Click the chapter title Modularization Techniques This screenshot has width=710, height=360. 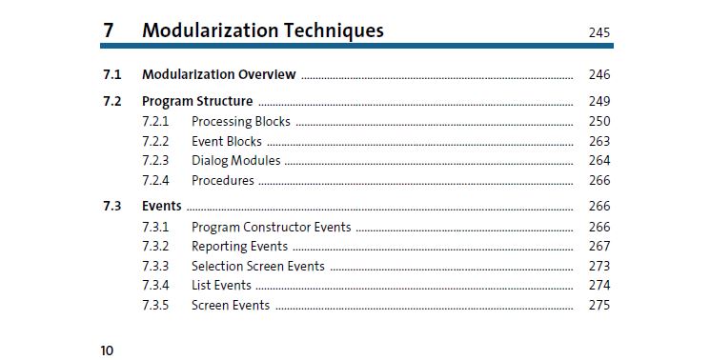tap(263, 30)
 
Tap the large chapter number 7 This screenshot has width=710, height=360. tap(109, 30)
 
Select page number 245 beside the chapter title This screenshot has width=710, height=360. tap(599, 32)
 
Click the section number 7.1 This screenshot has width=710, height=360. tap(112, 74)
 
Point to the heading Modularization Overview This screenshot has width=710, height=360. tap(219, 74)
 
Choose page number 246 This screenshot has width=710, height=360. tap(599, 74)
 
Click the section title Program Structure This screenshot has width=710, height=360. tap(197, 101)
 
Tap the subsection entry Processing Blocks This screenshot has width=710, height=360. tap(241, 121)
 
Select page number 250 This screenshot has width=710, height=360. tap(599, 121)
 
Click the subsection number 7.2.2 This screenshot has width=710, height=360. tap(155, 141)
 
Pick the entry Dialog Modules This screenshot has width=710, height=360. tap(236, 161)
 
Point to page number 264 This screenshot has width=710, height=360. tap(599, 161)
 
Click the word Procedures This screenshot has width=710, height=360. tap(223, 180)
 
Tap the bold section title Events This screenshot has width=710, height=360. tap(162, 206)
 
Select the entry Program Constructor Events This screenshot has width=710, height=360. tap(272, 227)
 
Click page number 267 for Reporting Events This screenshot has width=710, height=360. tap(599, 246)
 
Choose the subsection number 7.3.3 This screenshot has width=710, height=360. tap(155, 266)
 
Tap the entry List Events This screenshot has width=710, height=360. tap(221, 285)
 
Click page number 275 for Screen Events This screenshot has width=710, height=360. tap(599, 305)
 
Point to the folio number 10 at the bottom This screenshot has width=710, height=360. tap(107, 350)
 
